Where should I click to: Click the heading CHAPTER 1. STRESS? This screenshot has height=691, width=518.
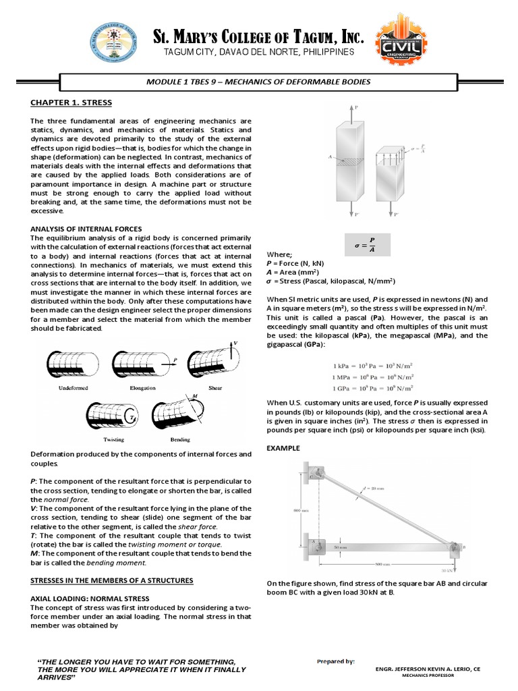[71, 103]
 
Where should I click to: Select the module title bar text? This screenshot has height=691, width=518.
[258, 82]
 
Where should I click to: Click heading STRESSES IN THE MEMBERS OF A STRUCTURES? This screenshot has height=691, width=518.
[111, 580]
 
